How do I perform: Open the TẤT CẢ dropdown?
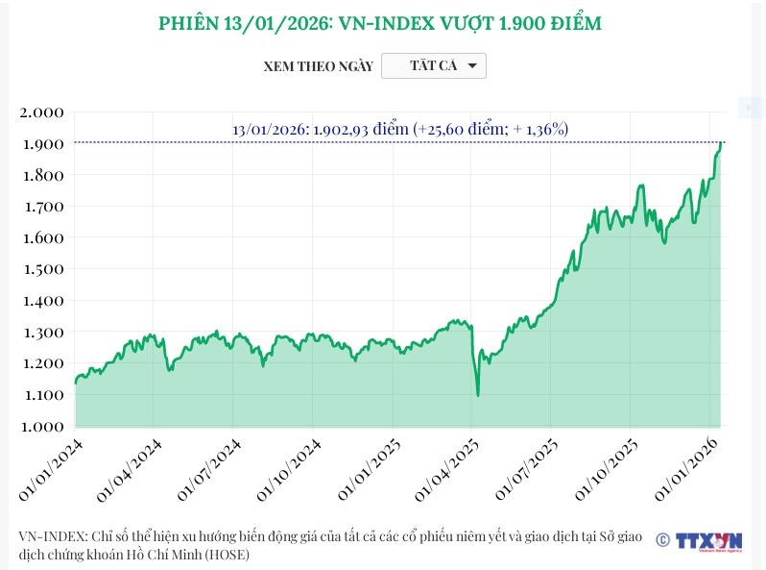434,65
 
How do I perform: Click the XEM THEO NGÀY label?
318,66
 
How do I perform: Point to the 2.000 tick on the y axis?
41,112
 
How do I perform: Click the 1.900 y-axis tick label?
41,144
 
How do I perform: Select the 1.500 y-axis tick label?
41,269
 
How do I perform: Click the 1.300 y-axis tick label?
41,333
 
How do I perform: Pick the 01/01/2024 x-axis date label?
51,467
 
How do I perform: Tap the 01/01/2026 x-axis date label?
687,467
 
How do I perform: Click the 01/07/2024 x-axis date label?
209,467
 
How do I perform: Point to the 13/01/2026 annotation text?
400,129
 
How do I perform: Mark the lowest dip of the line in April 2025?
477,394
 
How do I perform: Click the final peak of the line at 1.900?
721,142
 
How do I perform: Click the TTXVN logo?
708,541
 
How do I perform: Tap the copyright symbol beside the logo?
662,540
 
